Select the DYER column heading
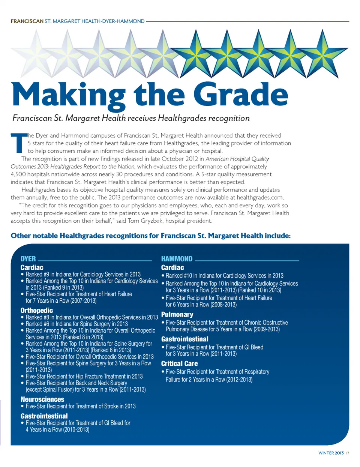28,259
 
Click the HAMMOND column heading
177,259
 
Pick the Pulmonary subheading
177,315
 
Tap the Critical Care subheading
179,363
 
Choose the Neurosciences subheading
42,399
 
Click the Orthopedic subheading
36,311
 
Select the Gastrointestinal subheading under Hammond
184,339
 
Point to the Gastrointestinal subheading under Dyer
44,416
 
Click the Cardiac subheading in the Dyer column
32,267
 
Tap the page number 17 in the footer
348,453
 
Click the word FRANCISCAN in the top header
27,21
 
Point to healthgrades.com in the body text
260,197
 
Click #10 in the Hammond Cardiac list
187,276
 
